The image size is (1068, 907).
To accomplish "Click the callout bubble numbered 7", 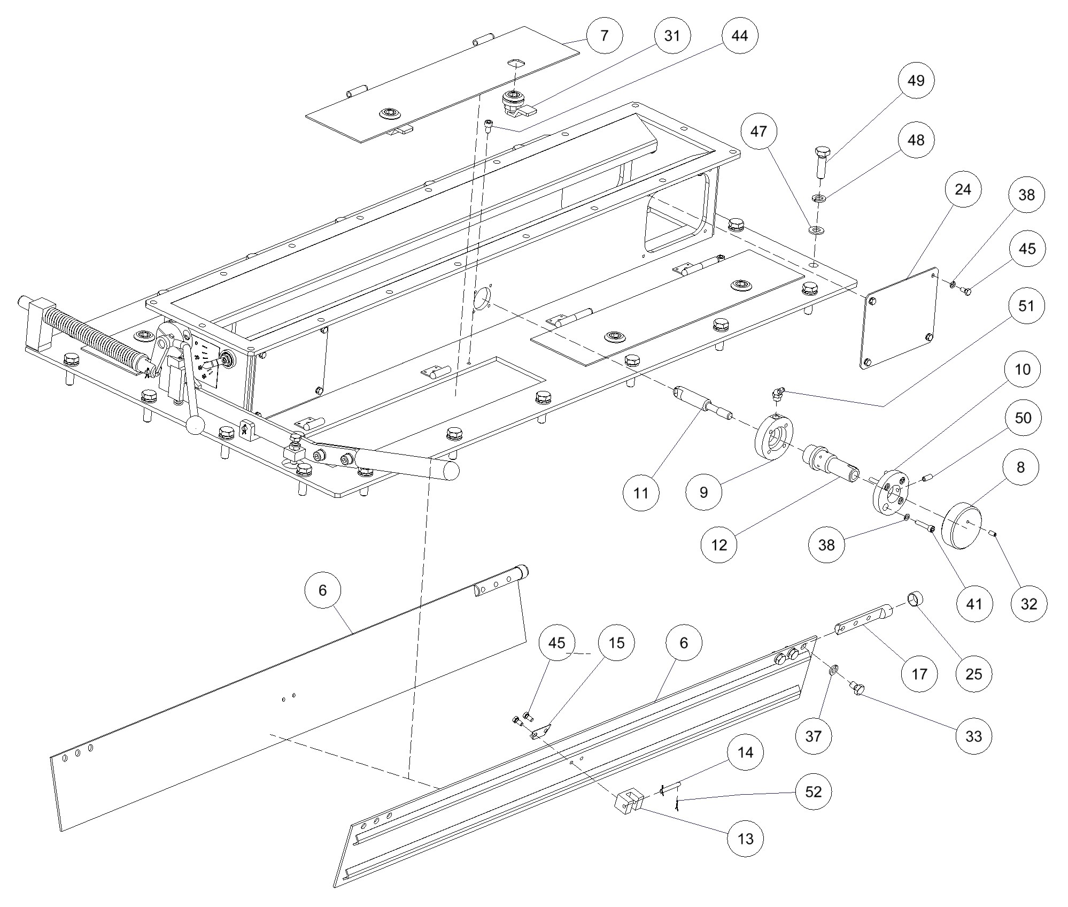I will [x=604, y=36].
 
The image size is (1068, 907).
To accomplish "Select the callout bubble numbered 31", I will [x=672, y=36].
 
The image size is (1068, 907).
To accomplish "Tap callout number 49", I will [x=916, y=81].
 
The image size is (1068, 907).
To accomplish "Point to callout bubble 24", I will [x=962, y=189].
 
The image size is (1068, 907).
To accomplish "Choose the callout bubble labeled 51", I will [x=1026, y=306].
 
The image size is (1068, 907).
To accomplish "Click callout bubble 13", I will [x=745, y=839].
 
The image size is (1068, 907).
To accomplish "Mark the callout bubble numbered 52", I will [x=813, y=791].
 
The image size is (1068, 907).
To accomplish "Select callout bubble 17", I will [x=919, y=674].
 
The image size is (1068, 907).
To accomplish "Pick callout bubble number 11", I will [x=641, y=493].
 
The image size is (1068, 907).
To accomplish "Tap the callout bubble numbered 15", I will [x=616, y=643].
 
